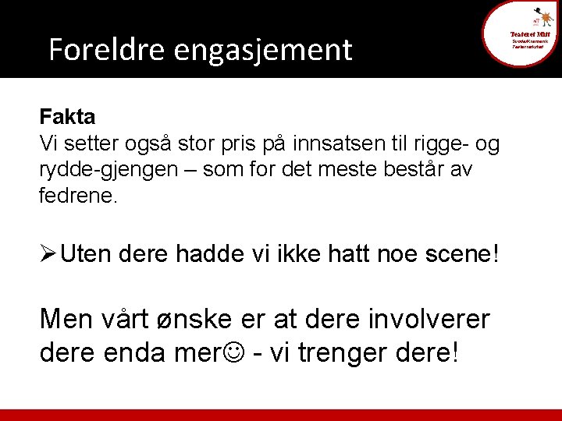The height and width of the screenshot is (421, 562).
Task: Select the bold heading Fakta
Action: tap(67, 118)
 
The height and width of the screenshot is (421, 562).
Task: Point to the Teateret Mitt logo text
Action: tap(532, 34)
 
